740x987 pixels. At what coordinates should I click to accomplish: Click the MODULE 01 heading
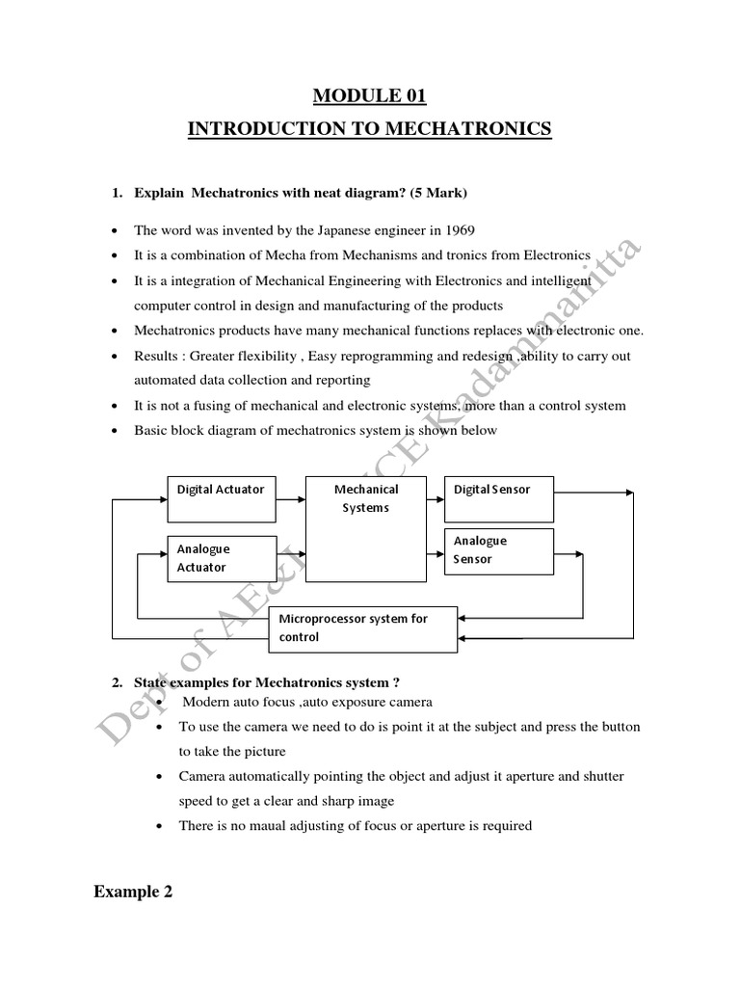[x=369, y=95]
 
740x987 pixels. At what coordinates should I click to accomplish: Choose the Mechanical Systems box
[x=365, y=528]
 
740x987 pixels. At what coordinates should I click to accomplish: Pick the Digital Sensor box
[x=498, y=498]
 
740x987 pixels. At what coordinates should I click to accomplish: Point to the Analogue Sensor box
[x=498, y=550]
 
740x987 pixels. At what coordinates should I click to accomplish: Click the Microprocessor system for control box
[x=365, y=627]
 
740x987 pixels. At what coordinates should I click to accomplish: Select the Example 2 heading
[x=133, y=893]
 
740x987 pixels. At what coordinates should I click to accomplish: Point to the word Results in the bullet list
[x=156, y=356]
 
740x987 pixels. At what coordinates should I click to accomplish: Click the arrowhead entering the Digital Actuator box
[x=162, y=498]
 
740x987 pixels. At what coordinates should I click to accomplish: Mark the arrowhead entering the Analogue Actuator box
[x=162, y=554]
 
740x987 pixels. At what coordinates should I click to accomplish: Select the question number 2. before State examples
[x=117, y=683]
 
